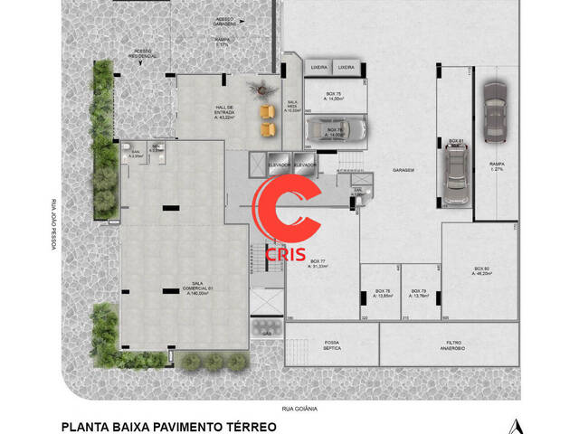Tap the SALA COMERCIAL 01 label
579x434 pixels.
(x=198, y=288)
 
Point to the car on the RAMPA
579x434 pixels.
(x=496, y=112)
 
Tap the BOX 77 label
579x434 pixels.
(x=318, y=264)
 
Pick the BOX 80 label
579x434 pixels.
(x=481, y=270)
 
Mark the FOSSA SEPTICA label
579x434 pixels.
(x=331, y=345)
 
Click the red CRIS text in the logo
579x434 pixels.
(x=286, y=255)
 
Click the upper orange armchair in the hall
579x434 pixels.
(x=266, y=111)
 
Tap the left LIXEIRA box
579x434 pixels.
(x=319, y=68)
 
